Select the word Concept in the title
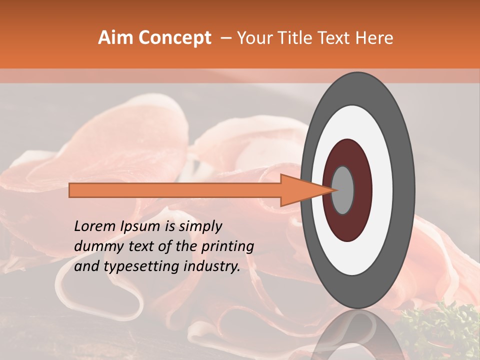[174, 38]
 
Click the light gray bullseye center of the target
[343, 190]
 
